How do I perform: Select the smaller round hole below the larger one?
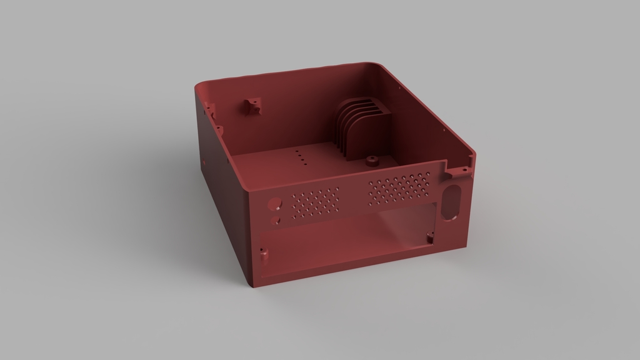[x=275, y=221]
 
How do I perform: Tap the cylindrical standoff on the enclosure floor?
[x=372, y=161]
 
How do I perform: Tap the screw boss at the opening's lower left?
[x=263, y=254]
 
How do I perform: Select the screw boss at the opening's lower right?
[x=430, y=237]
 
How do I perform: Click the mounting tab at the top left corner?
[x=209, y=110]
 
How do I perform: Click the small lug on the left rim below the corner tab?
[x=220, y=129]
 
